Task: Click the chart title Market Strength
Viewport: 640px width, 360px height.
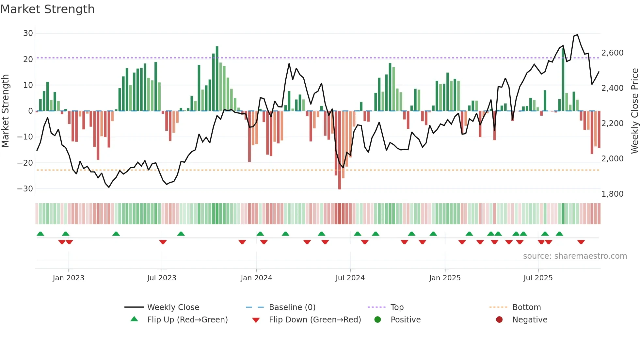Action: coord(47,9)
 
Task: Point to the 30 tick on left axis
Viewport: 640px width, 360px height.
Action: coord(28,33)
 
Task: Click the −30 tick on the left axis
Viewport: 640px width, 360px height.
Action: coord(25,188)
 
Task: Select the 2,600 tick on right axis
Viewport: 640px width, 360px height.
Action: coord(612,53)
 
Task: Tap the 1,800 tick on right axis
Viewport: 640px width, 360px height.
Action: coord(612,194)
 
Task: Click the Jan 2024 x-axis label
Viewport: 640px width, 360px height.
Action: coord(256,278)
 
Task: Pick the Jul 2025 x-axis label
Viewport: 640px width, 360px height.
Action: coord(538,278)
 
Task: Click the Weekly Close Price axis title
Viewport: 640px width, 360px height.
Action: coord(634,111)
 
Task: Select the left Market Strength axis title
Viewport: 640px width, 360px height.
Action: coord(5,111)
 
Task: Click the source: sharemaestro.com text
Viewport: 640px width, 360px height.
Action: coord(575,256)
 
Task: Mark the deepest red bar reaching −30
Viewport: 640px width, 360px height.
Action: coord(340,150)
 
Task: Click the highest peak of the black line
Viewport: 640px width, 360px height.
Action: coord(577,35)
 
